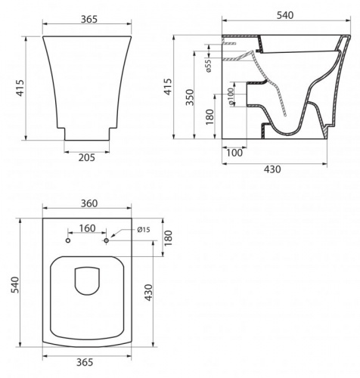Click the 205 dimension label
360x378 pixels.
click(87, 157)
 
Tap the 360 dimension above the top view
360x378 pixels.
click(89, 203)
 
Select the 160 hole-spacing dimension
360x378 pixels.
click(87, 228)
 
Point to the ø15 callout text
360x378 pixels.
click(144, 230)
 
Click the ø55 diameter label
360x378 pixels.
click(209, 66)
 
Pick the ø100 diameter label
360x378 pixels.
click(231, 97)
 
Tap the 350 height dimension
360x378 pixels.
click(190, 98)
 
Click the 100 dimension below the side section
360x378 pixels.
click(234, 153)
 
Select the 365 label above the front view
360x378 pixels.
click(89, 20)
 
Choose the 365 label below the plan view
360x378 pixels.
click(85, 362)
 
